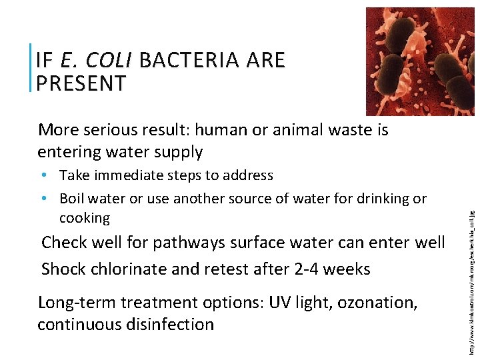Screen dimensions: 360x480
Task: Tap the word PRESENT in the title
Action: (81, 84)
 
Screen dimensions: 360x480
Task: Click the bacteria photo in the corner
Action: (420, 61)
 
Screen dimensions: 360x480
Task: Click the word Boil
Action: (71, 199)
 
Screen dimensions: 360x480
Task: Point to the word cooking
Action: (85, 218)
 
